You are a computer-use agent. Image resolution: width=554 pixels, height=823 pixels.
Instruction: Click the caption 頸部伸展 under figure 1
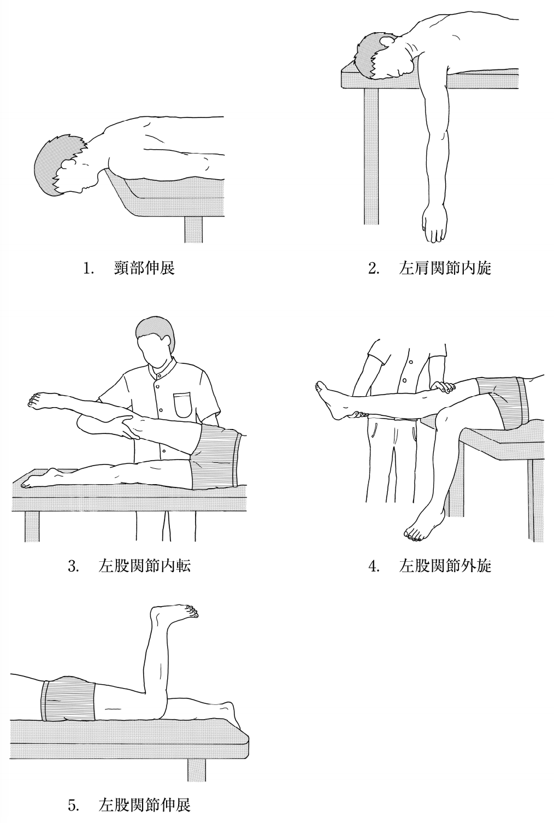click(x=144, y=268)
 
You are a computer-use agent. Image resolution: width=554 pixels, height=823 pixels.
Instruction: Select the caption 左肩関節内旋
click(x=445, y=268)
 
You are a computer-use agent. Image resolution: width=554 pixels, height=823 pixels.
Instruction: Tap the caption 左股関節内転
click(x=145, y=566)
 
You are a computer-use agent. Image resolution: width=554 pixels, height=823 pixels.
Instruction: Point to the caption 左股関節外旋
click(x=445, y=566)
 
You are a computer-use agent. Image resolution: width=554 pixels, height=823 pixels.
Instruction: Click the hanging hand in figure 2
click(x=434, y=225)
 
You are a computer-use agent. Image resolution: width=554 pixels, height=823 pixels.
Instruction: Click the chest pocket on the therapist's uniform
click(x=183, y=405)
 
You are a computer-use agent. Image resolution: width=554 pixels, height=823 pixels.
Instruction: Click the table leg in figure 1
click(x=193, y=230)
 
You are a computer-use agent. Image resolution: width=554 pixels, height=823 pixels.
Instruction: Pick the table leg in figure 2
click(x=371, y=156)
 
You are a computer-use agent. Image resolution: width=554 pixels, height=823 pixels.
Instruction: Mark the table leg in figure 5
click(x=197, y=765)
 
